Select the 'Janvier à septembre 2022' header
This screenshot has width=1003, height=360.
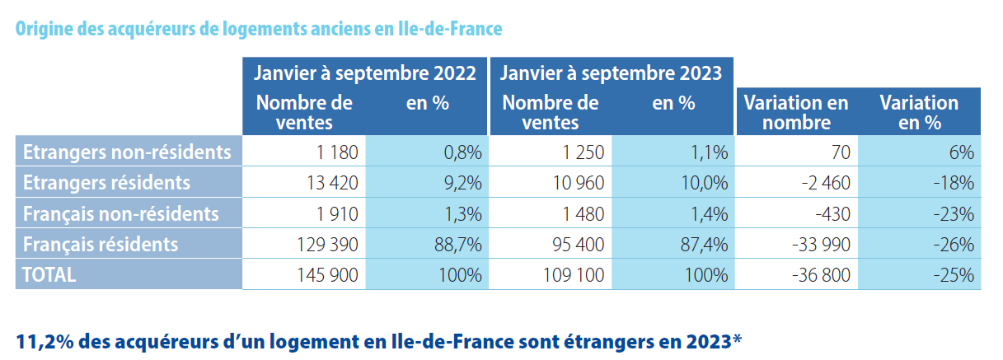(x=365, y=72)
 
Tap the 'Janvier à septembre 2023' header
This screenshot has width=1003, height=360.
(x=612, y=72)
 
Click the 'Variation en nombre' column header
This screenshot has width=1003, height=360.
(x=795, y=113)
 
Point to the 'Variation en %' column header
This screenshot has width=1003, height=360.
(x=919, y=113)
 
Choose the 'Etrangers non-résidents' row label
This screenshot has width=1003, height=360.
(x=127, y=152)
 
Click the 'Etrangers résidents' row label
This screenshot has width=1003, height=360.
(x=107, y=183)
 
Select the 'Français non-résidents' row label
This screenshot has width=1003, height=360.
(x=121, y=213)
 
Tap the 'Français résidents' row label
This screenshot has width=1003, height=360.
(x=101, y=245)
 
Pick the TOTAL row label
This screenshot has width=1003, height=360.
(x=50, y=275)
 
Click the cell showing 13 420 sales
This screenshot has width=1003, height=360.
(x=329, y=183)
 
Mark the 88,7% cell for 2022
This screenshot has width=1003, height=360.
(x=461, y=245)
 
